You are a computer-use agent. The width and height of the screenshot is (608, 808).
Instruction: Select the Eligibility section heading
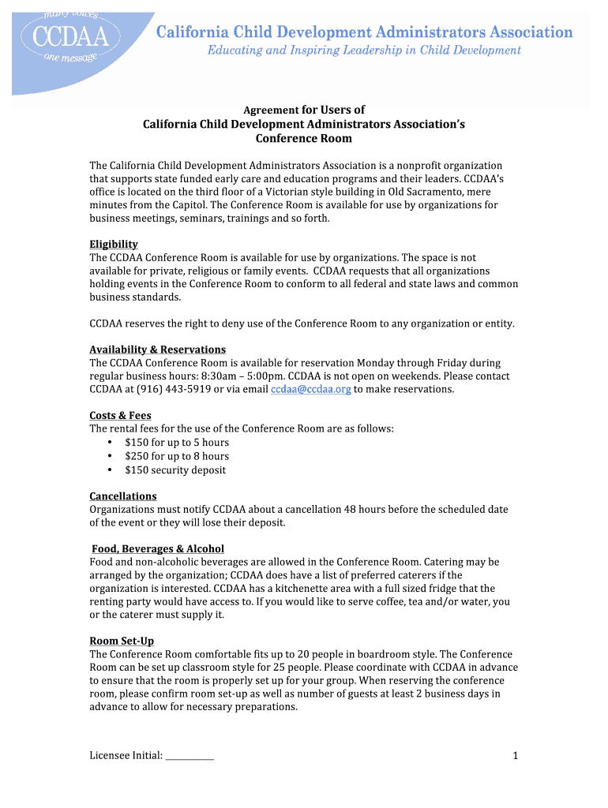114,245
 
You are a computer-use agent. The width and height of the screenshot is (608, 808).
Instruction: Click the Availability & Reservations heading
157,350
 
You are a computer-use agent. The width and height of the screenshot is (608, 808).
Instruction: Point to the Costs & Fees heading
120,416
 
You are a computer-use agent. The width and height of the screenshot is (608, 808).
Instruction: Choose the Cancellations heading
122,496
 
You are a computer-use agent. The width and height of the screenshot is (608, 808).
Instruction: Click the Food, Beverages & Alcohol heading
158,548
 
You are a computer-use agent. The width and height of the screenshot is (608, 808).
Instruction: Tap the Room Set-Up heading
122,642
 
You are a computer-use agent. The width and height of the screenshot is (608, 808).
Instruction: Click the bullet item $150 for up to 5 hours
176,443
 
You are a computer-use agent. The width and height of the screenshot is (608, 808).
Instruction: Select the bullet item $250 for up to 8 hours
176,456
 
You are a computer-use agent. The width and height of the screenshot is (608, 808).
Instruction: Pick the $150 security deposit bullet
175,470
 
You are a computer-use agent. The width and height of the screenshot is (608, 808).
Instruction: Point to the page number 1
515,756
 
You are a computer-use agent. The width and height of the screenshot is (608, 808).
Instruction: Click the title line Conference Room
303,138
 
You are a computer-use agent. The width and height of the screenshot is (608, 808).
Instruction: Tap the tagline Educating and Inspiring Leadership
364,50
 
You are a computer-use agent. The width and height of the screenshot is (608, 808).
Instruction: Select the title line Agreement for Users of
303,110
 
